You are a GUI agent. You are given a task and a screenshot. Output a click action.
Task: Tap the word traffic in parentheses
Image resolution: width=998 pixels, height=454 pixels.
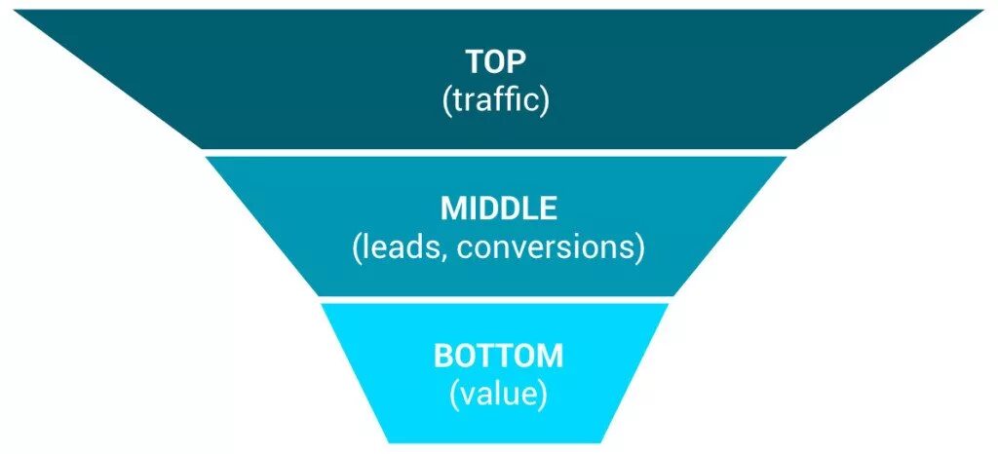pyautogui.click(x=498, y=100)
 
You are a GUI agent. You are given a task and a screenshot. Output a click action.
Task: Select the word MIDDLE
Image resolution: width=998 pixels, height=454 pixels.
pyautogui.click(x=498, y=208)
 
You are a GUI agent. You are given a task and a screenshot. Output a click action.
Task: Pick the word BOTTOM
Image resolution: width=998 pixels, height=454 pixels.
pyautogui.click(x=498, y=356)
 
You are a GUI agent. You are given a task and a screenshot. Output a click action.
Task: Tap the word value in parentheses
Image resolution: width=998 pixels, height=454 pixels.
pyautogui.click(x=498, y=394)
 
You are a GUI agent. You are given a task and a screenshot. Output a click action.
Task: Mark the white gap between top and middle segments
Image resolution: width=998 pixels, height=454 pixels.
pyautogui.click(x=498, y=152)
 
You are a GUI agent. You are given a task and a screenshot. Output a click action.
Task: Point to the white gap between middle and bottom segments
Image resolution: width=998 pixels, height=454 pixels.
pyautogui.click(x=498, y=298)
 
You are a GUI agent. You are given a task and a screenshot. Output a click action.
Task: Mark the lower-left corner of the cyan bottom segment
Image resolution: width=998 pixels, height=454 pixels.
pyautogui.click(x=390, y=441)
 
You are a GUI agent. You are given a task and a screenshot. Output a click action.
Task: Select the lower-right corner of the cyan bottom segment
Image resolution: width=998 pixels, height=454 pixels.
pyautogui.click(x=609, y=441)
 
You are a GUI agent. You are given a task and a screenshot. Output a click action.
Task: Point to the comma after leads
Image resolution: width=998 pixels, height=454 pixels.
pyautogui.click(x=445, y=255)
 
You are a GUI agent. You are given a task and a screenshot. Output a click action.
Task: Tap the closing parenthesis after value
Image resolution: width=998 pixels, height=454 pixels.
pyautogui.click(x=542, y=394)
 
